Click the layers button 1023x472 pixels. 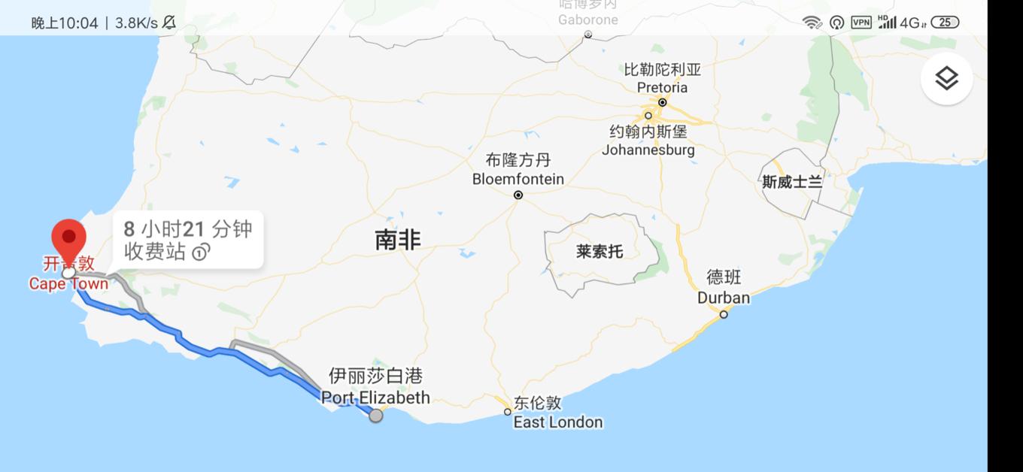pos(946,78)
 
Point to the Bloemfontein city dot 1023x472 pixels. pos(518,195)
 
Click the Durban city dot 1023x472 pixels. pos(724,314)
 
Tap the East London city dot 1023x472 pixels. pos(508,412)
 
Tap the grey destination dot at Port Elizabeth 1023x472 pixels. pos(375,415)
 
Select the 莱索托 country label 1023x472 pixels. pos(600,252)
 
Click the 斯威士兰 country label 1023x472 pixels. pos(792,182)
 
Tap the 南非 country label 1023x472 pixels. pos(398,241)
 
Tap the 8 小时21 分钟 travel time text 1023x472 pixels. pos(188,229)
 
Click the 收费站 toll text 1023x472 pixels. pos(155,252)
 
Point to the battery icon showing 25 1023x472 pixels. pos(946,23)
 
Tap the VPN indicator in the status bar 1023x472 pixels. pos(861,23)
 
